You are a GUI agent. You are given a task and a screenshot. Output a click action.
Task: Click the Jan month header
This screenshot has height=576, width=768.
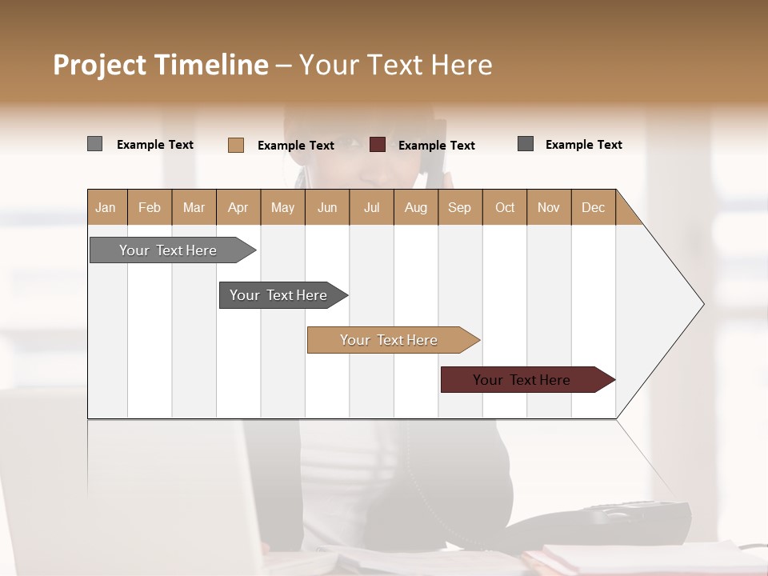106,207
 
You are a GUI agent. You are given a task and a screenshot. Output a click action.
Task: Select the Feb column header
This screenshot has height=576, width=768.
150,207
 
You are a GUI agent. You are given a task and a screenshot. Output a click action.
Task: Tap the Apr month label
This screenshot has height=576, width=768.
238,207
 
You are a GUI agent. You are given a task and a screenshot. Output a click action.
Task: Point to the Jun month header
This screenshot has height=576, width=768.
327,207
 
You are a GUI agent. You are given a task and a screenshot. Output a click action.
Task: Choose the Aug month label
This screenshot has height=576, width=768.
416,207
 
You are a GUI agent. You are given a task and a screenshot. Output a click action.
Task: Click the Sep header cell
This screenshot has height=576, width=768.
460,207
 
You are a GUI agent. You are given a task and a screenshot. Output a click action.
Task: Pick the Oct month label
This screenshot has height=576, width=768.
505,207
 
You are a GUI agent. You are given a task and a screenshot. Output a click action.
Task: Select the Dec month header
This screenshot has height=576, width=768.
594,207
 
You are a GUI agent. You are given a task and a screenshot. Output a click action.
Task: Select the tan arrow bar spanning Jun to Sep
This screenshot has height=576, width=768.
390,340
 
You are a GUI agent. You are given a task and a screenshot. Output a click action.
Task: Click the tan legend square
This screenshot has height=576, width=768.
236,145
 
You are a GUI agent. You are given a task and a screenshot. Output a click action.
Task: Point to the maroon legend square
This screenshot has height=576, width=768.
378,145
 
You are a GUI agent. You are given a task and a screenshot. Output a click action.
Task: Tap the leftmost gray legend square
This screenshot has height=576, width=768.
94,144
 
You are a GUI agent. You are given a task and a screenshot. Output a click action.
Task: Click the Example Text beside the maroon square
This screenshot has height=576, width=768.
437,146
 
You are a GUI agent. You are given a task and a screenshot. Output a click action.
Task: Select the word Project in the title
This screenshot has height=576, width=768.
99,65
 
